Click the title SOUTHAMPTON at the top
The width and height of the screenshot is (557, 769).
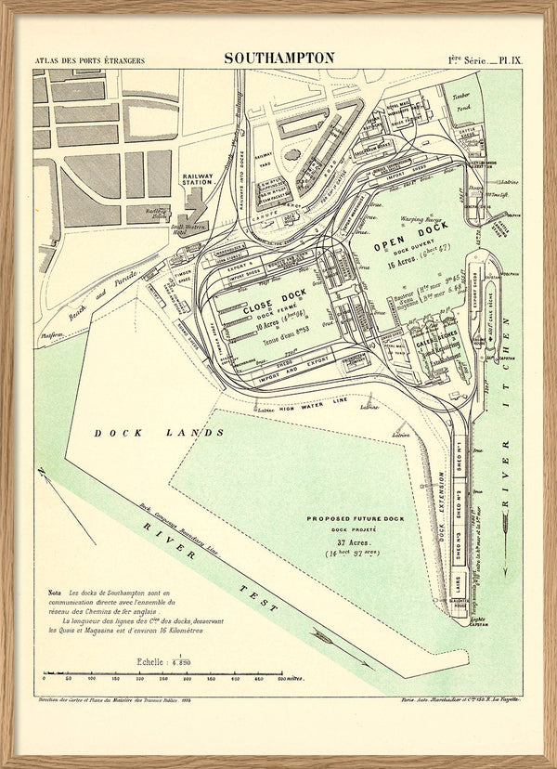[278, 58]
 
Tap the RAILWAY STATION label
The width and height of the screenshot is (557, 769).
[197, 179]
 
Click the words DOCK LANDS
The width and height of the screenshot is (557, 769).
[159, 433]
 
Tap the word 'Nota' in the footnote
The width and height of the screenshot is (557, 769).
[55, 592]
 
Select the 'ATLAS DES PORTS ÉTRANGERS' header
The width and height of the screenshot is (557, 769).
[89, 61]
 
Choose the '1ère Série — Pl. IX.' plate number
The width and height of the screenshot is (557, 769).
[485, 60]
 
